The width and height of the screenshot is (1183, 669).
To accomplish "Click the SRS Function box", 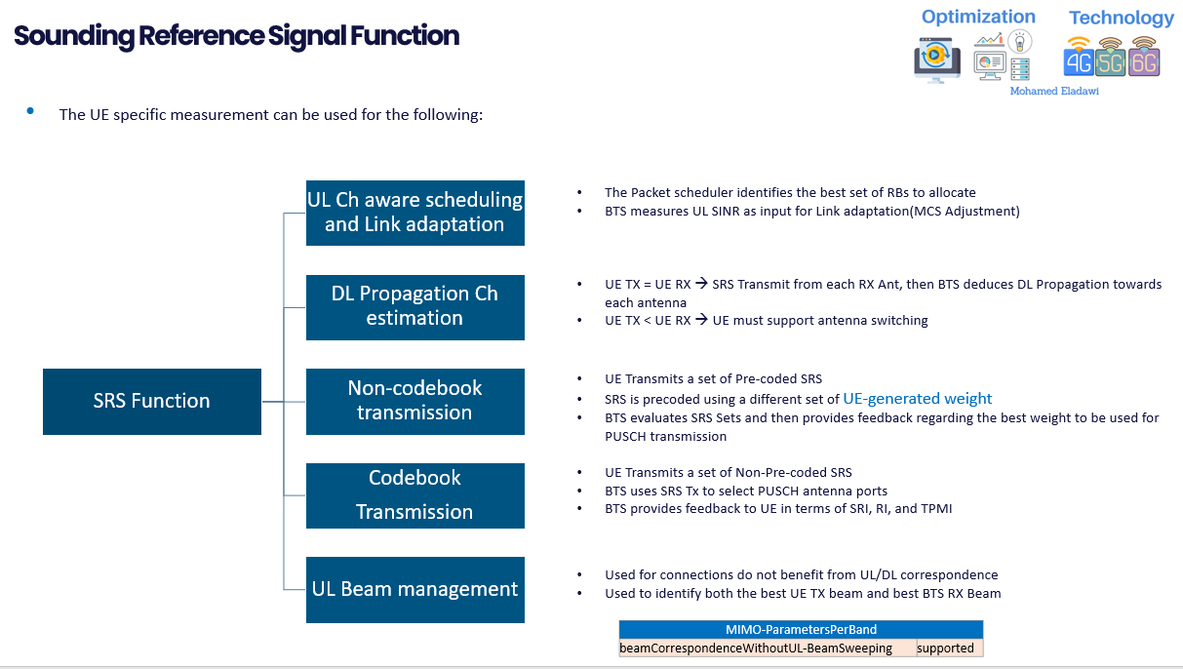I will point(152,401).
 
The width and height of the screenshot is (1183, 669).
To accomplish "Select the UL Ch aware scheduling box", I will point(414,213).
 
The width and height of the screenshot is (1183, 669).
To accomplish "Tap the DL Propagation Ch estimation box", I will point(414,307).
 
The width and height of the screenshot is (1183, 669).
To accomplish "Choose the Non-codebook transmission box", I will point(414,401).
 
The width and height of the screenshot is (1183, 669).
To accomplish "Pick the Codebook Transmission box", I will point(414,495).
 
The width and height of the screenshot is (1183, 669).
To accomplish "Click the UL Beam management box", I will point(414,589).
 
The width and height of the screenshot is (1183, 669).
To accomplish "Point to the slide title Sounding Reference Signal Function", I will point(236,36).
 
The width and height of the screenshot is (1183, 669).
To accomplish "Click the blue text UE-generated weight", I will point(917,399).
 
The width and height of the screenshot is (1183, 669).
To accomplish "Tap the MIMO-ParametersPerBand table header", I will point(801,629).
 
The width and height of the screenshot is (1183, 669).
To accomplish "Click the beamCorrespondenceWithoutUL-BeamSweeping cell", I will point(756,649).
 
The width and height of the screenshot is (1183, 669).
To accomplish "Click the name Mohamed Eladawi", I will point(1054,91).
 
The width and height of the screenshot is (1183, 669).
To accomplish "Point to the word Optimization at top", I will point(978,17).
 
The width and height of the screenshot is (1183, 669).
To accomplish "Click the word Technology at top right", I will point(1122,18).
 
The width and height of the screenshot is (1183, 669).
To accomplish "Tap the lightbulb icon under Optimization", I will point(1020,42).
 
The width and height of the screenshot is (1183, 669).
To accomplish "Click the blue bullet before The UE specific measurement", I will point(30,112).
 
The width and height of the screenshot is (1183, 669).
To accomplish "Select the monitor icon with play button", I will point(936,58).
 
